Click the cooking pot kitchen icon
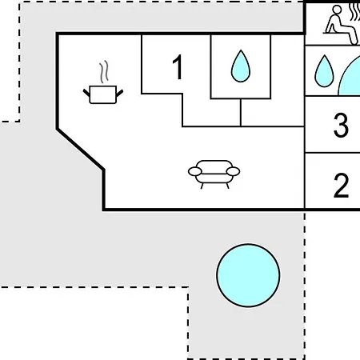[103, 94]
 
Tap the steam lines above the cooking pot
[104, 71]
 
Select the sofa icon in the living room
[214, 174]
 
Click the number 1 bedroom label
[178, 67]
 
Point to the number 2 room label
[341, 186]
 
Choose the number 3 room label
[341, 125]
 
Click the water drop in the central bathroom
[241, 66]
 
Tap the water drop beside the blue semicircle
[324, 71]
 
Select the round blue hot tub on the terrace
[248, 275]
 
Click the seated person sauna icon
[342, 25]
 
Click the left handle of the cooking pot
[86, 93]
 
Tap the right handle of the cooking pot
[119, 93]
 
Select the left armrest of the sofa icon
[195, 171]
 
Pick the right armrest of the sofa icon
[233, 171]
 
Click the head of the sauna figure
[337, 10]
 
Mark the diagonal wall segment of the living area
[80, 150]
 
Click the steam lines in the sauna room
[355, 13]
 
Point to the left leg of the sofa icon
[202, 186]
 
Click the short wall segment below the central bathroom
[241, 113]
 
